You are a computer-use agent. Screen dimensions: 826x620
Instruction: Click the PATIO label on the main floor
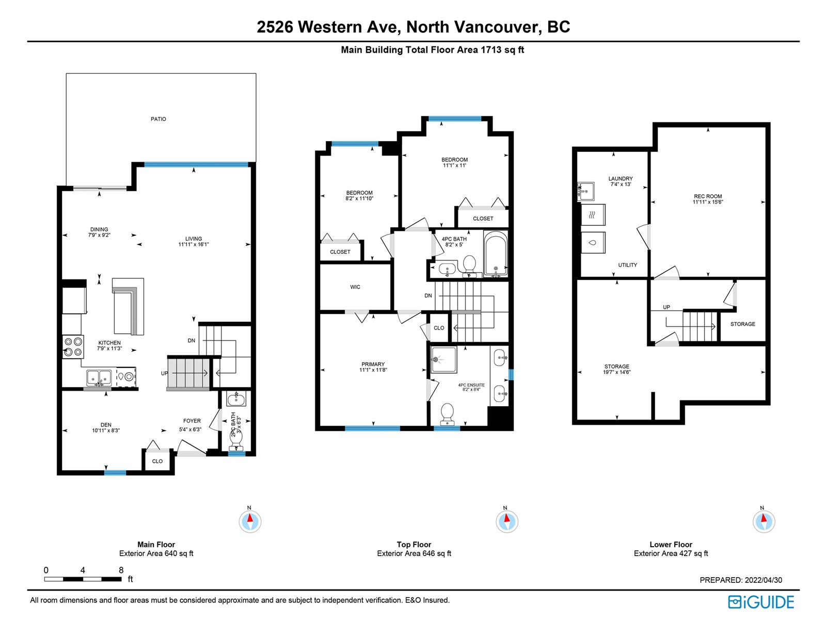pyautogui.click(x=158, y=119)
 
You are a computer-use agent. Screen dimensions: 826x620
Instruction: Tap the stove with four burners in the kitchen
pyautogui.click(x=73, y=347)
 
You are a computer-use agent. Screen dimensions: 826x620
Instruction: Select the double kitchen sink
pyautogui.click(x=99, y=378)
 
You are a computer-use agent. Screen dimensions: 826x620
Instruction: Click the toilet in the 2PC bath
pyautogui.click(x=236, y=439)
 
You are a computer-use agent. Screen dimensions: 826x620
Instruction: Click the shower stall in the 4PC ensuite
pyautogui.click(x=443, y=360)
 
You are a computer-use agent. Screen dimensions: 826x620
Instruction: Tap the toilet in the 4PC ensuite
pyautogui.click(x=447, y=414)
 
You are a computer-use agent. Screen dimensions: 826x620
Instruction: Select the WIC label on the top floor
pyautogui.click(x=355, y=287)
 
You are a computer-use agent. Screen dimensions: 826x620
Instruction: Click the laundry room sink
pyautogui.click(x=585, y=191)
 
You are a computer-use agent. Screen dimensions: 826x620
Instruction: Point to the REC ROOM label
pyautogui.click(x=707, y=196)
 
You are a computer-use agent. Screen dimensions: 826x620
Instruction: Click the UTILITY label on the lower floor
pyautogui.click(x=627, y=265)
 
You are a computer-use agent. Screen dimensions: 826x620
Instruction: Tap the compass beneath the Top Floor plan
pyautogui.click(x=506, y=522)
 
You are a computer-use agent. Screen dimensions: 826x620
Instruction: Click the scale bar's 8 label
pyautogui.click(x=121, y=570)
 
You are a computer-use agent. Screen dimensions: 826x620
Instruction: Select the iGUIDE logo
pyautogui.click(x=761, y=602)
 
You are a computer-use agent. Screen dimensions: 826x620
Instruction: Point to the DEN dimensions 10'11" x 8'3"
pyautogui.click(x=106, y=430)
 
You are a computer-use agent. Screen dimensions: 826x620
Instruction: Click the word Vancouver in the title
pyautogui.click(x=498, y=27)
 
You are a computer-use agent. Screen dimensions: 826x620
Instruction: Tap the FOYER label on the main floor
pyautogui.click(x=192, y=421)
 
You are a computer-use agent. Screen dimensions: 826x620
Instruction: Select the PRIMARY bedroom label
pyautogui.click(x=373, y=364)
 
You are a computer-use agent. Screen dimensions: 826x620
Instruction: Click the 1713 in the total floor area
pyautogui.click(x=491, y=50)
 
